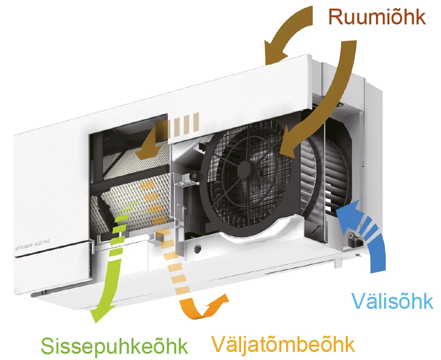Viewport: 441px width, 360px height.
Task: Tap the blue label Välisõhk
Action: pos(392,302)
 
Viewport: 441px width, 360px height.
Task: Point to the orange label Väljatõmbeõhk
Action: pos(283,344)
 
